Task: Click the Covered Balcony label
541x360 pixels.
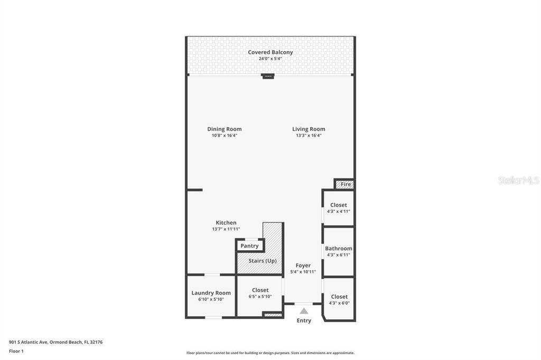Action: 270,52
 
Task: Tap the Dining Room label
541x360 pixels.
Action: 224,129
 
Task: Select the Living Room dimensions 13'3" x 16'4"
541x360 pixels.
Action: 309,136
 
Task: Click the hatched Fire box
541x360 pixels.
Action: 344,184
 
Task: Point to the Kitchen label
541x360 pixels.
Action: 226,223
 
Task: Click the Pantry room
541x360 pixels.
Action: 250,245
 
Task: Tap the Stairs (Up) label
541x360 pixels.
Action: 263,261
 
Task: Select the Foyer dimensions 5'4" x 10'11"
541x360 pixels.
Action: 303,272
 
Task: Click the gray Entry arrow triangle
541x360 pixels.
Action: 304,311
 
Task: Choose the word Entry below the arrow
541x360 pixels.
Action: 304,320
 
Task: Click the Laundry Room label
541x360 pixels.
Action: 211,293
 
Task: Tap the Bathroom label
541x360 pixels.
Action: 339,248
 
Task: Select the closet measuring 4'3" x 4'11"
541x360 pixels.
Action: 339,208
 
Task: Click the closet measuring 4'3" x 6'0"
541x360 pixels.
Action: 339,299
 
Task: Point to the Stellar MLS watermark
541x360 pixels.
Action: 519,180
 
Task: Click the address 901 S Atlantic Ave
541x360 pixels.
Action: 29,342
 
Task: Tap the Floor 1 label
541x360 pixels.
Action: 16,351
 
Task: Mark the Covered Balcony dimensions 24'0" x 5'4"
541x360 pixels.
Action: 270,59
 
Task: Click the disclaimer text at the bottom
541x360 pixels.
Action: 270,353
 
